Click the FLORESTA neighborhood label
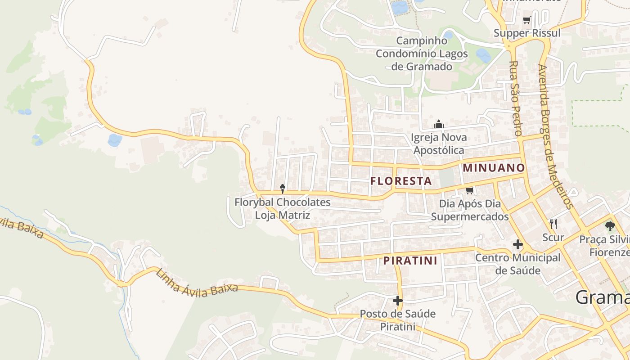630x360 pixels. (400, 181)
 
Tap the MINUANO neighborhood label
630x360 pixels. (494, 168)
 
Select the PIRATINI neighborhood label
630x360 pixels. (410, 261)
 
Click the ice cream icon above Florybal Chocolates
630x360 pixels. (283, 189)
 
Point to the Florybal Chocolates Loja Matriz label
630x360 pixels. (283, 209)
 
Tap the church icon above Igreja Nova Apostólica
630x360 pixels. (439, 125)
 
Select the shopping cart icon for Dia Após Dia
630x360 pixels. (470, 191)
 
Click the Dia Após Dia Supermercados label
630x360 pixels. (470, 210)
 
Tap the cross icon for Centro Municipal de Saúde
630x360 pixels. (517, 245)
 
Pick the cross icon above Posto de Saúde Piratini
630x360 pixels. (397, 300)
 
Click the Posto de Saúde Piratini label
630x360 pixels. (398, 320)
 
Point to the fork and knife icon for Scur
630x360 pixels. (553, 224)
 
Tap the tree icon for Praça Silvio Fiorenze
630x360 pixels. (610, 226)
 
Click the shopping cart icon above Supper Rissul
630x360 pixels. (527, 20)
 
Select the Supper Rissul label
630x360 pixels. (527, 33)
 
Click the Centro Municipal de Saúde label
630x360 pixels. (517, 264)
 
